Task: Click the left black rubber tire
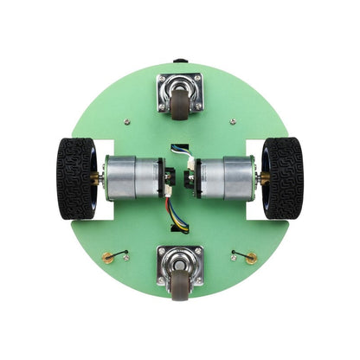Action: pos(75,177)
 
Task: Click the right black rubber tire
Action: pos(283,177)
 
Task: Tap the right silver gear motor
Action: pos(227,177)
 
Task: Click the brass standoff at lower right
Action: pos(251,257)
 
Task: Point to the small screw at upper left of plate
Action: pos(127,121)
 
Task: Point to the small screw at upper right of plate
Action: pos(233,121)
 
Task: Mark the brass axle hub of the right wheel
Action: pos(262,177)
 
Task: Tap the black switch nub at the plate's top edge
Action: pos(180,61)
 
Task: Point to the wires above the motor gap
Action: pos(180,150)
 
